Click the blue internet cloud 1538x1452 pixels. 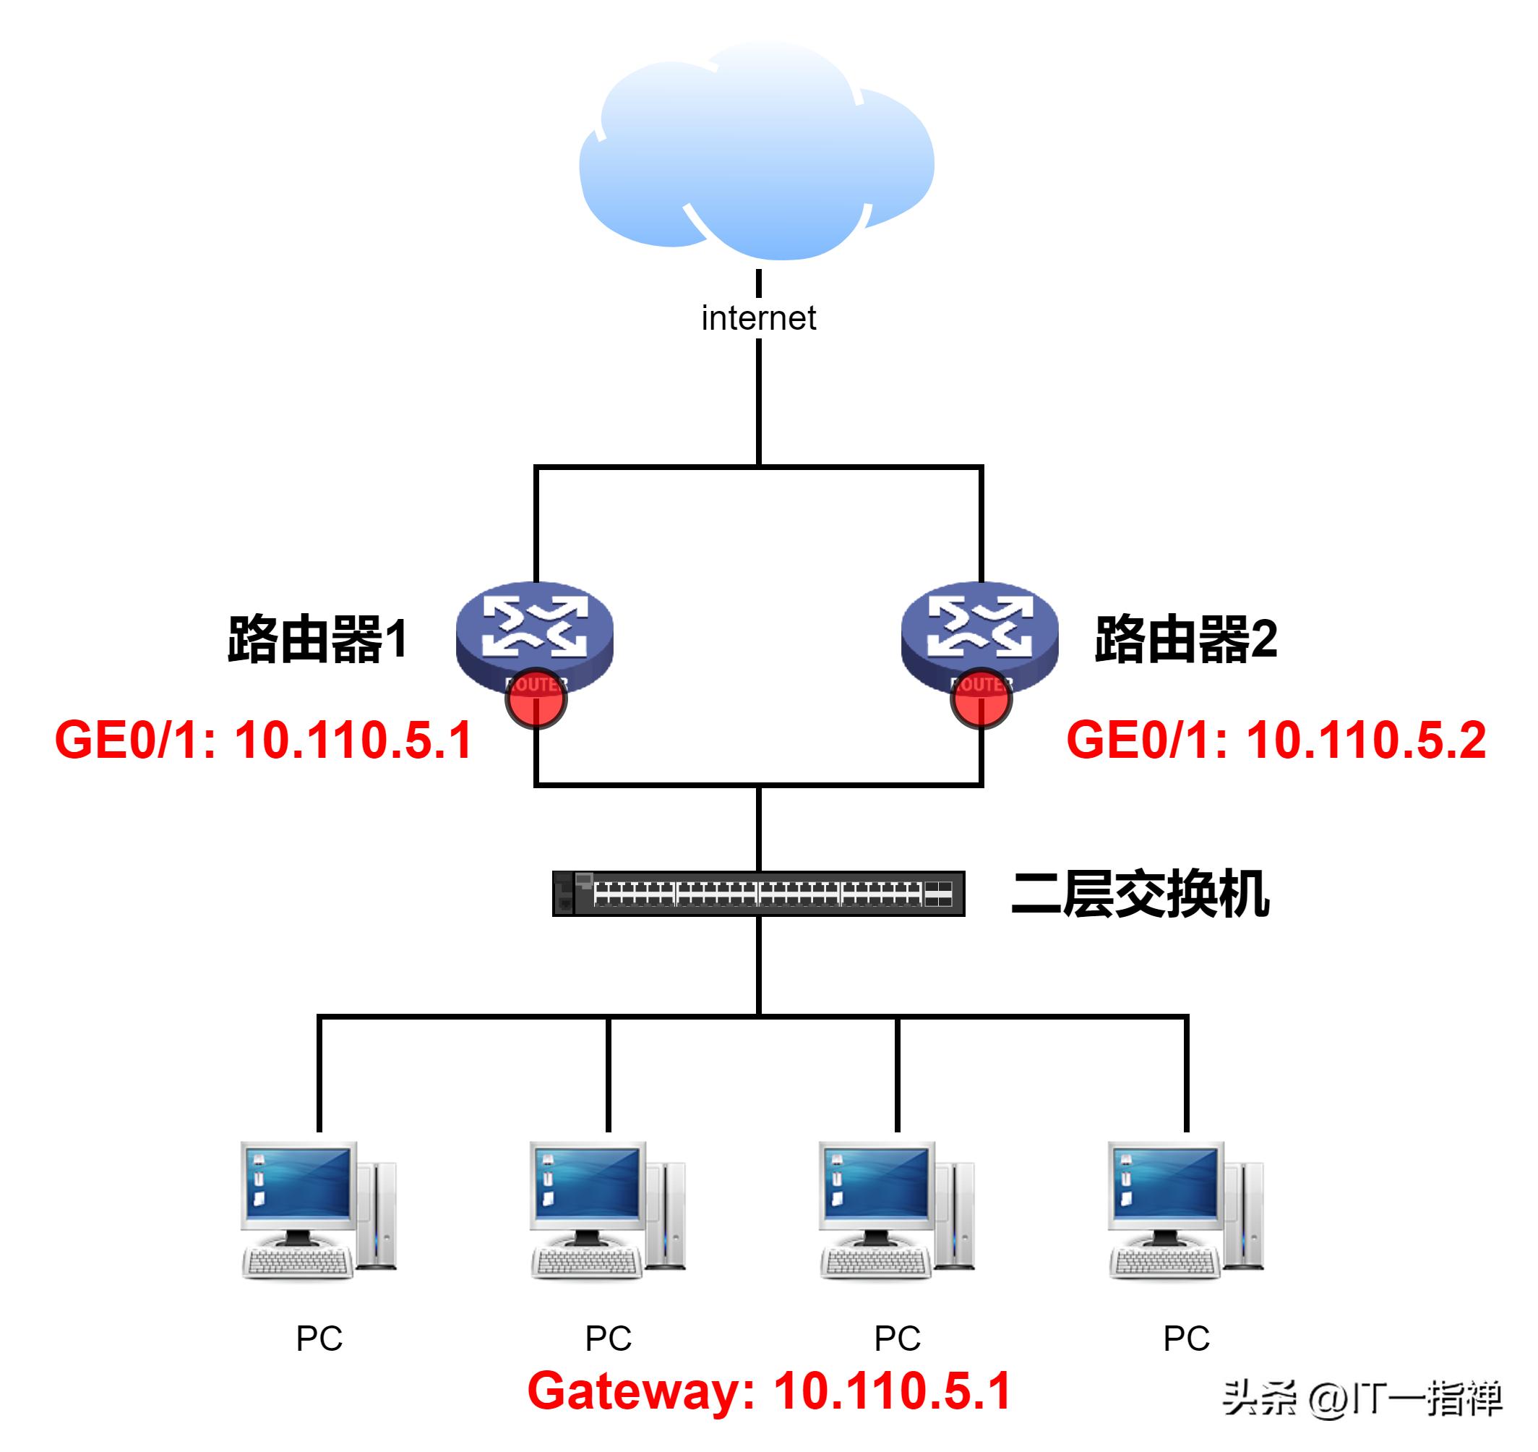tap(757, 155)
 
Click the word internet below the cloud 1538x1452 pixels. tap(758, 318)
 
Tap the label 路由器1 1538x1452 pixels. tap(317, 639)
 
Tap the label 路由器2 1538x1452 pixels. tap(1185, 639)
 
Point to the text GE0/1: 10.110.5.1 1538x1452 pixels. tap(263, 740)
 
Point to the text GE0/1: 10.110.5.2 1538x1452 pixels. tap(1276, 740)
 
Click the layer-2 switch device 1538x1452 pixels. tap(758, 894)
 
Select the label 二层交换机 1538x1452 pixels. tap(1140, 894)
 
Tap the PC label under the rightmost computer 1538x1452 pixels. tap(1186, 1338)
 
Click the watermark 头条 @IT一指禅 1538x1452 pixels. tap(1362, 1398)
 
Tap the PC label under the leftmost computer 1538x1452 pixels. tap(319, 1338)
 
